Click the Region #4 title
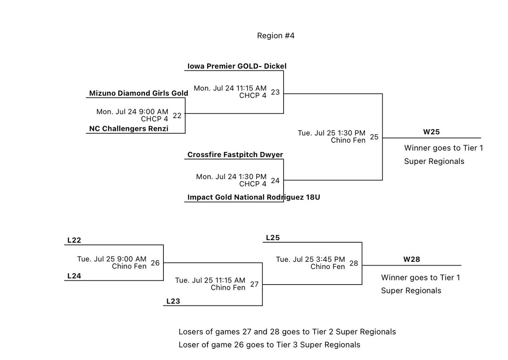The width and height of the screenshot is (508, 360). point(276,36)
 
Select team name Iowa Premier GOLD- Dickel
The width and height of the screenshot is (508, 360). point(237,66)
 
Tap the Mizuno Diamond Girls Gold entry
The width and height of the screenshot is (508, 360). point(138,93)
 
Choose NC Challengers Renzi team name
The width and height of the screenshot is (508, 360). point(129,128)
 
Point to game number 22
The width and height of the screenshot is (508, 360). point(177,115)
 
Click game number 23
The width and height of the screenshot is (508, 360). point(275,91)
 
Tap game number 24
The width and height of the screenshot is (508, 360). point(275,180)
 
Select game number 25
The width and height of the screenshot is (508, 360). point(374,136)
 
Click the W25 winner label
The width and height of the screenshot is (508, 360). point(431,132)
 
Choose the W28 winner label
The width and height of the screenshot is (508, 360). point(411,259)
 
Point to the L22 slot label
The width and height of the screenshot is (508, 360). point(74,240)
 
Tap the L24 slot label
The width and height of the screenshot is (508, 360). point(74,276)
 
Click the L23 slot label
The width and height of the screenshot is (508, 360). point(173,301)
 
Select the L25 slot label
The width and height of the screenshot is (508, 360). point(273,238)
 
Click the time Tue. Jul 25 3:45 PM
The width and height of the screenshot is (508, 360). point(310,260)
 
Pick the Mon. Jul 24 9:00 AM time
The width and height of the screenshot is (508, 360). point(133,112)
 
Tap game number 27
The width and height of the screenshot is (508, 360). point(254,284)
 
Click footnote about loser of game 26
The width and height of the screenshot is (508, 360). point(269,345)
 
